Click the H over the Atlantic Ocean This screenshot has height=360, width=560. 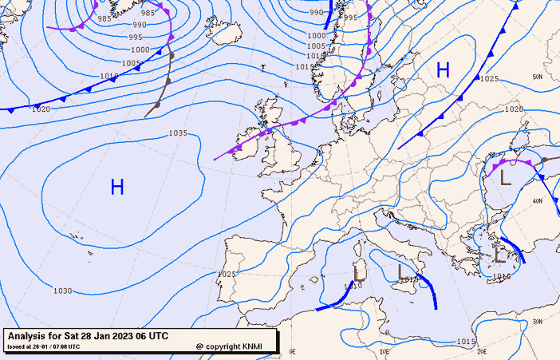tap(117, 188)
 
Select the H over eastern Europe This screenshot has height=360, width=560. tap(444, 70)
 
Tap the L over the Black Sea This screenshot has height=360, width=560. tap(506, 178)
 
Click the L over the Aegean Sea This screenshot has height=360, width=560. tap(500, 255)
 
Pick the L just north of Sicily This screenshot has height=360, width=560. tap(401, 272)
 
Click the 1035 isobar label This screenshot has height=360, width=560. tap(179, 133)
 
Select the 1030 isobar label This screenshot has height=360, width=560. tap(63, 291)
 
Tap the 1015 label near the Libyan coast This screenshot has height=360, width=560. tap(467, 342)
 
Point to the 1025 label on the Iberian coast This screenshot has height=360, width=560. tap(227, 274)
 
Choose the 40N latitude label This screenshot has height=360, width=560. tap(538, 201)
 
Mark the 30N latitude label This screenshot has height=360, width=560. tap(538, 322)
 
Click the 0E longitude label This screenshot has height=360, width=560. tap(292, 350)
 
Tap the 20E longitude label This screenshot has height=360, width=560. tap(482, 350)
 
